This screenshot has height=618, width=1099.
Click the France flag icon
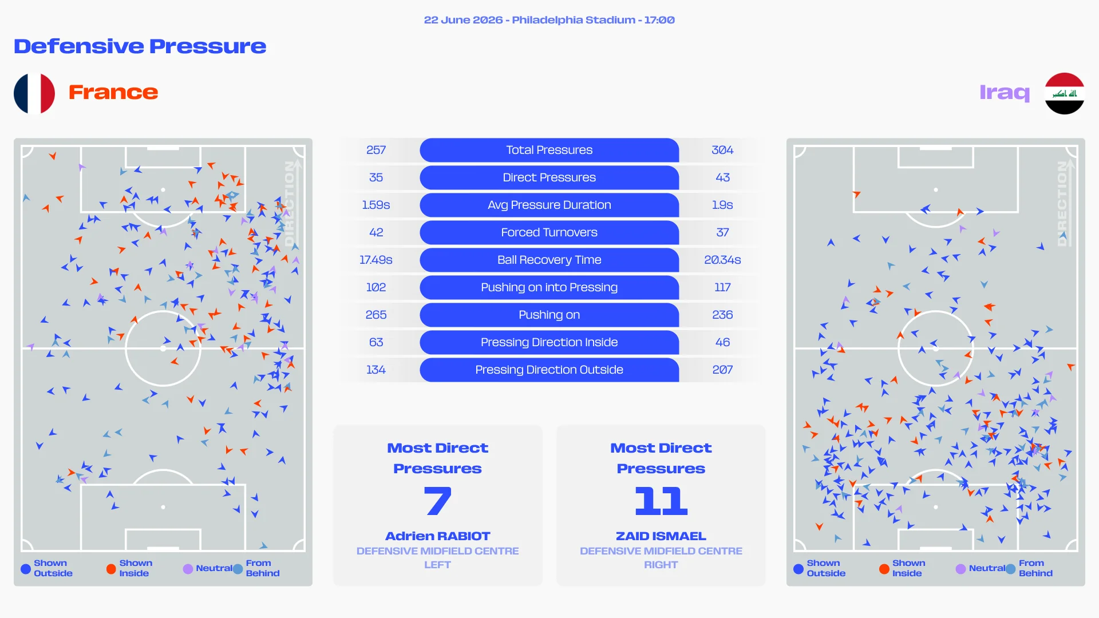pyautogui.click(x=34, y=93)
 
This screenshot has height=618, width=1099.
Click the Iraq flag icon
pyautogui.click(x=1064, y=93)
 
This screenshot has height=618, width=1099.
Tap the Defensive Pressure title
pyautogui.click(x=140, y=46)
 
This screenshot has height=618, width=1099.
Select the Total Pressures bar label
pyautogui.click(x=549, y=150)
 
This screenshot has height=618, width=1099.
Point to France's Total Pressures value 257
pyautogui.click(x=376, y=150)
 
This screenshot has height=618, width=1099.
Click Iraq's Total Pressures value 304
pyautogui.click(x=722, y=150)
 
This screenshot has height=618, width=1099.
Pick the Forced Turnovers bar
pyautogui.click(x=549, y=232)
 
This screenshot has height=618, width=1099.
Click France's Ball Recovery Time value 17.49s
pyautogui.click(x=376, y=260)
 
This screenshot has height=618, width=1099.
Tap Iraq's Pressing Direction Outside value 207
pyautogui.click(x=722, y=370)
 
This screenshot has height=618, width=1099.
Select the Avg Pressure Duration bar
pyautogui.click(x=549, y=205)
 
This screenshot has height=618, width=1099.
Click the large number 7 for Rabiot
pyautogui.click(x=438, y=501)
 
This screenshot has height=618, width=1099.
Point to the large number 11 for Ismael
pyautogui.click(x=661, y=501)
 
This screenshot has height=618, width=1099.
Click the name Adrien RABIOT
pyautogui.click(x=438, y=536)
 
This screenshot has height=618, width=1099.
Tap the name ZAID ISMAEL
pyautogui.click(x=661, y=536)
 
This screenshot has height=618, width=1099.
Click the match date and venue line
pyautogui.click(x=549, y=20)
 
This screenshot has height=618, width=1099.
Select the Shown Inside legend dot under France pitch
pyautogui.click(x=111, y=569)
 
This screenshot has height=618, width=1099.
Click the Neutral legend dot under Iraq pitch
pyautogui.click(x=960, y=569)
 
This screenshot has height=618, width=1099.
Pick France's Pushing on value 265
pyautogui.click(x=376, y=315)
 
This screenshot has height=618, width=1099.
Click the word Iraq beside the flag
pyautogui.click(x=1005, y=92)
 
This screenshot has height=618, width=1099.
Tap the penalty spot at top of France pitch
pyautogui.click(x=163, y=190)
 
